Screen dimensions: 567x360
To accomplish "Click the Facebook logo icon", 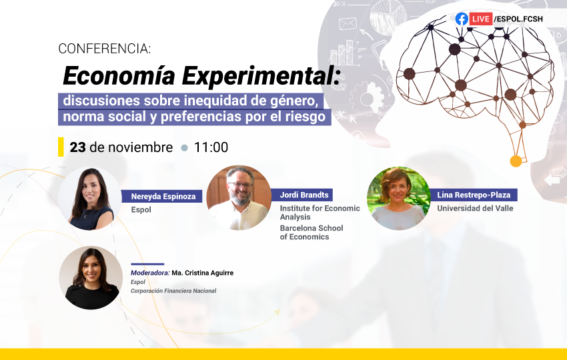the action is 462,19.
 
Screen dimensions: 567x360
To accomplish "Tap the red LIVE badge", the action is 480,19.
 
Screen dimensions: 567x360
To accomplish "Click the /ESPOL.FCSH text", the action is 518,19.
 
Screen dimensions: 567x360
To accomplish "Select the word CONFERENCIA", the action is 105,49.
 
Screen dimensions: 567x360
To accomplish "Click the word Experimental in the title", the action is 261,75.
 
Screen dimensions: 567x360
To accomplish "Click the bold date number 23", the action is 77,147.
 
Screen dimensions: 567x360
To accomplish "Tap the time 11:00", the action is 211,147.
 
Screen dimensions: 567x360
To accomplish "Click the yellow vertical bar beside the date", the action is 61,147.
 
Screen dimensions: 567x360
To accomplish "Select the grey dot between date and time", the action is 184,148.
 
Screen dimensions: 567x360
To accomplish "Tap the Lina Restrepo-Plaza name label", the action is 474,195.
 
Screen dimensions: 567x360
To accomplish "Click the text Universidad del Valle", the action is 475,208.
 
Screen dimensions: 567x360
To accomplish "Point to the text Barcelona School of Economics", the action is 312,233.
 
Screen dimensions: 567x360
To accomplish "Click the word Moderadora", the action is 150,273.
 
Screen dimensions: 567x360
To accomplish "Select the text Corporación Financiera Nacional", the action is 173,291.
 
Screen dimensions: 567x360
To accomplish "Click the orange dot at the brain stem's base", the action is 516,161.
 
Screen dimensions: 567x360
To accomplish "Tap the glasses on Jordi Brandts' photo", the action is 239,185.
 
